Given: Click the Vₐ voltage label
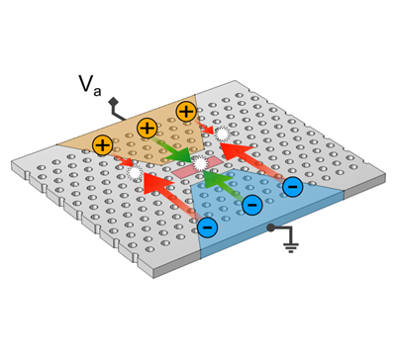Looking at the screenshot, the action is pyautogui.click(x=89, y=85).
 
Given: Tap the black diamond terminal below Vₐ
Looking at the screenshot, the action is pyautogui.click(x=114, y=101).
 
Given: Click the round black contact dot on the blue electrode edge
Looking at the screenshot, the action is pyautogui.click(x=270, y=227).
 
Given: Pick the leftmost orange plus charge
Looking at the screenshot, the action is pyautogui.click(x=103, y=145).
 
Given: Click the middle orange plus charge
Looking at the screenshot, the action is pyautogui.click(x=147, y=128).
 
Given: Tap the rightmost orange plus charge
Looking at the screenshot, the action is pyautogui.click(x=186, y=112).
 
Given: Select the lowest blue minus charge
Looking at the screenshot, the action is pyautogui.click(x=207, y=227).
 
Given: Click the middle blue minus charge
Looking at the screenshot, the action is pyautogui.click(x=252, y=205).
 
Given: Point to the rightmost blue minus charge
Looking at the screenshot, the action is pyautogui.click(x=293, y=187).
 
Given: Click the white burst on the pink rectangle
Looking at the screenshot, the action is pyautogui.click(x=200, y=163).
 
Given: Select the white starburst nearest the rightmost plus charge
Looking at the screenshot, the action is pyautogui.click(x=222, y=134).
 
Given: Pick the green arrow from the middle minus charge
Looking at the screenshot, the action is pyautogui.click(x=225, y=186).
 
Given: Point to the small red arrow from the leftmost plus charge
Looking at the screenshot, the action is pyautogui.click(x=122, y=159).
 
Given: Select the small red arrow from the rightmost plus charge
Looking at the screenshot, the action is pyautogui.click(x=205, y=128).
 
